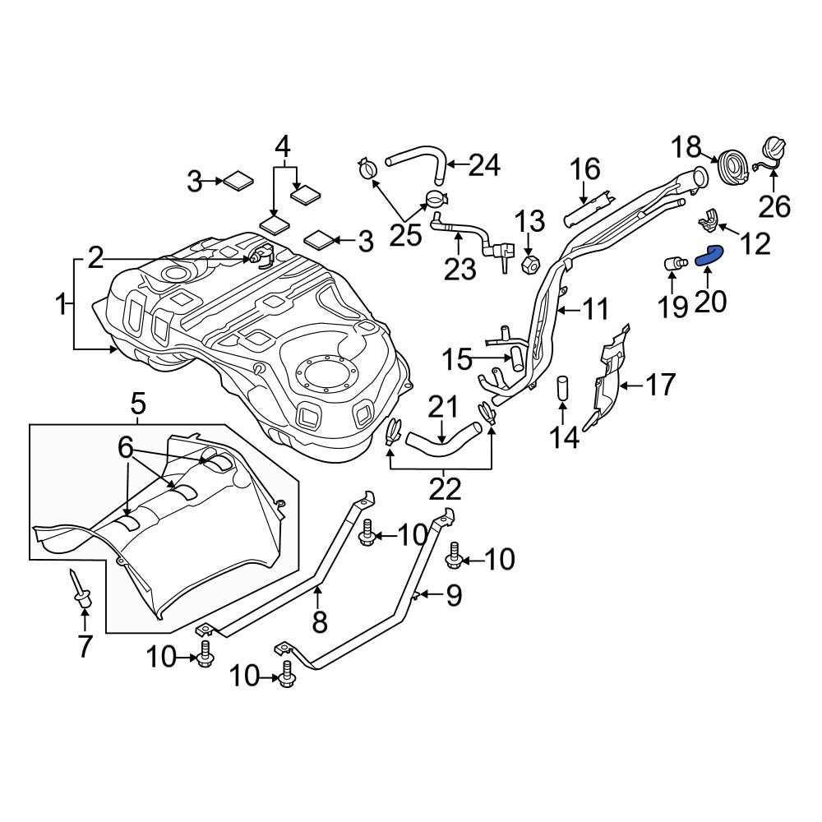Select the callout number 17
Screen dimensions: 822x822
[659, 384]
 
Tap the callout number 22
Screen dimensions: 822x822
[444, 490]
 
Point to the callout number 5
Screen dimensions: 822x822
[138, 404]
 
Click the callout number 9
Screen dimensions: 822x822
[454, 593]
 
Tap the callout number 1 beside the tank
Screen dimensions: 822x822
[60, 306]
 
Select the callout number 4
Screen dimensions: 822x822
[282, 148]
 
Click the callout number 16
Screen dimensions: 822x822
[586, 170]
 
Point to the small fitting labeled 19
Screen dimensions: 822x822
[675, 265]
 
